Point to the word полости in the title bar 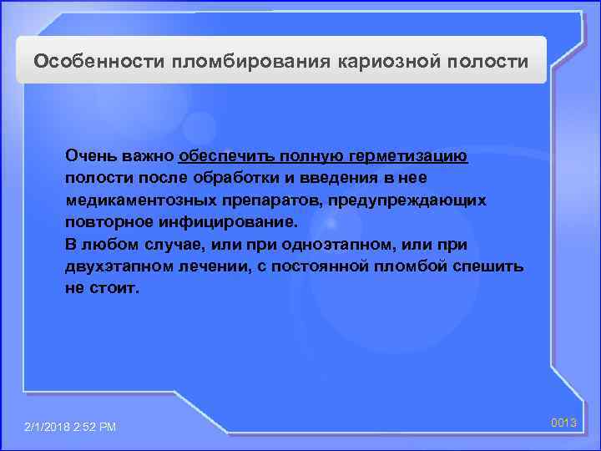click(x=494, y=62)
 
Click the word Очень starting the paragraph click(x=88, y=156)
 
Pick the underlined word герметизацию click(x=417, y=156)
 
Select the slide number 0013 click(x=564, y=423)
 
